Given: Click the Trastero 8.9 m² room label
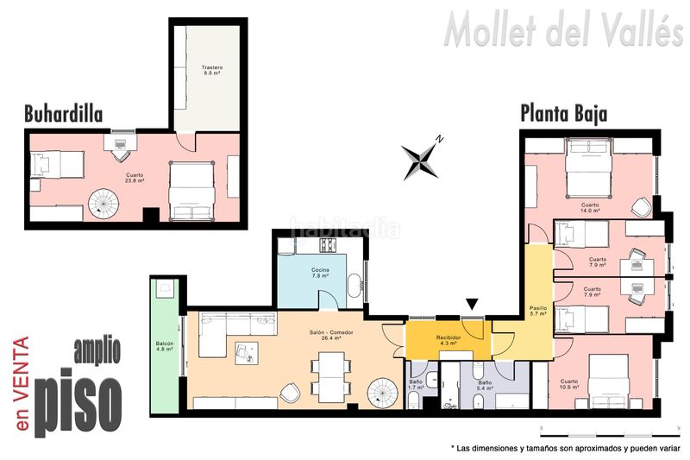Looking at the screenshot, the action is click(212, 71).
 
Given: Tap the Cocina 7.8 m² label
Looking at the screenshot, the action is click(320, 273).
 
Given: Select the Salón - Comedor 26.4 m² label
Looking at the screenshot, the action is click(331, 336).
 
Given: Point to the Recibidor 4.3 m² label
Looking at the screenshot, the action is click(448, 340).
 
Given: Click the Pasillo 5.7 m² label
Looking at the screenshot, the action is click(538, 312).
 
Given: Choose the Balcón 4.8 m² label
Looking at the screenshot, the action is click(165, 346).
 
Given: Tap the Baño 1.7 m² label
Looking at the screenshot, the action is click(416, 385).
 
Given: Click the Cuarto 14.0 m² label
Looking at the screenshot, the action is click(590, 208).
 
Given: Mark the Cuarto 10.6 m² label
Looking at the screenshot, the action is click(569, 384).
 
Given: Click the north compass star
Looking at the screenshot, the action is click(421, 159).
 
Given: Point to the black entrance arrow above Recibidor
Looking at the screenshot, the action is click(472, 304).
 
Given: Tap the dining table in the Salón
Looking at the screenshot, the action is click(331, 377).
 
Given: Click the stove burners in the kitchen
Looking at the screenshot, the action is click(328, 245).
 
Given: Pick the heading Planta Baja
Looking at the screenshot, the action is click(564, 114).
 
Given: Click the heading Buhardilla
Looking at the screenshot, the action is click(63, 114).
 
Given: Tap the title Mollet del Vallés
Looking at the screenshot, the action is click(564, 30).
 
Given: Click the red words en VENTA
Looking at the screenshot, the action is click(22, 383).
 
